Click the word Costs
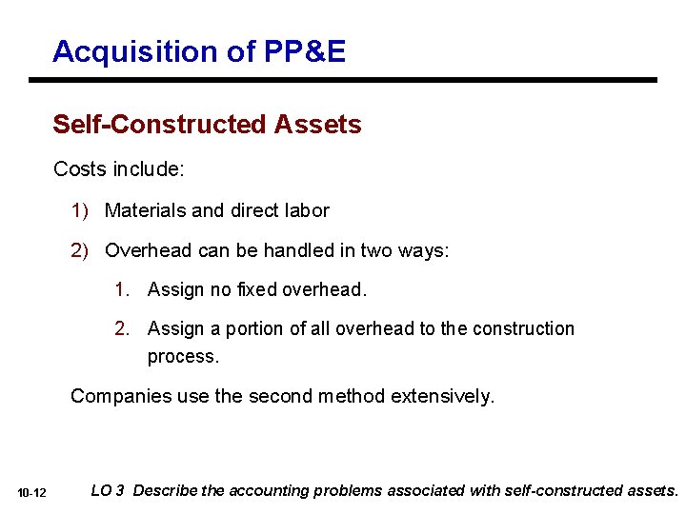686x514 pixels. [80, 169]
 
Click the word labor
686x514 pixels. [304, 210]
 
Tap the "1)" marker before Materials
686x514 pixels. [82, 210]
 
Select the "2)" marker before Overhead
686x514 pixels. [82, 250]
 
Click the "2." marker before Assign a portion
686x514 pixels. [123, 328]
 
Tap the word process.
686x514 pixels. [183, 356]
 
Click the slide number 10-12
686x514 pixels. [31, 493]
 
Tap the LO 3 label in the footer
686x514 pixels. [107, 491]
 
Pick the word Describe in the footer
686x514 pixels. [166, 491]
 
